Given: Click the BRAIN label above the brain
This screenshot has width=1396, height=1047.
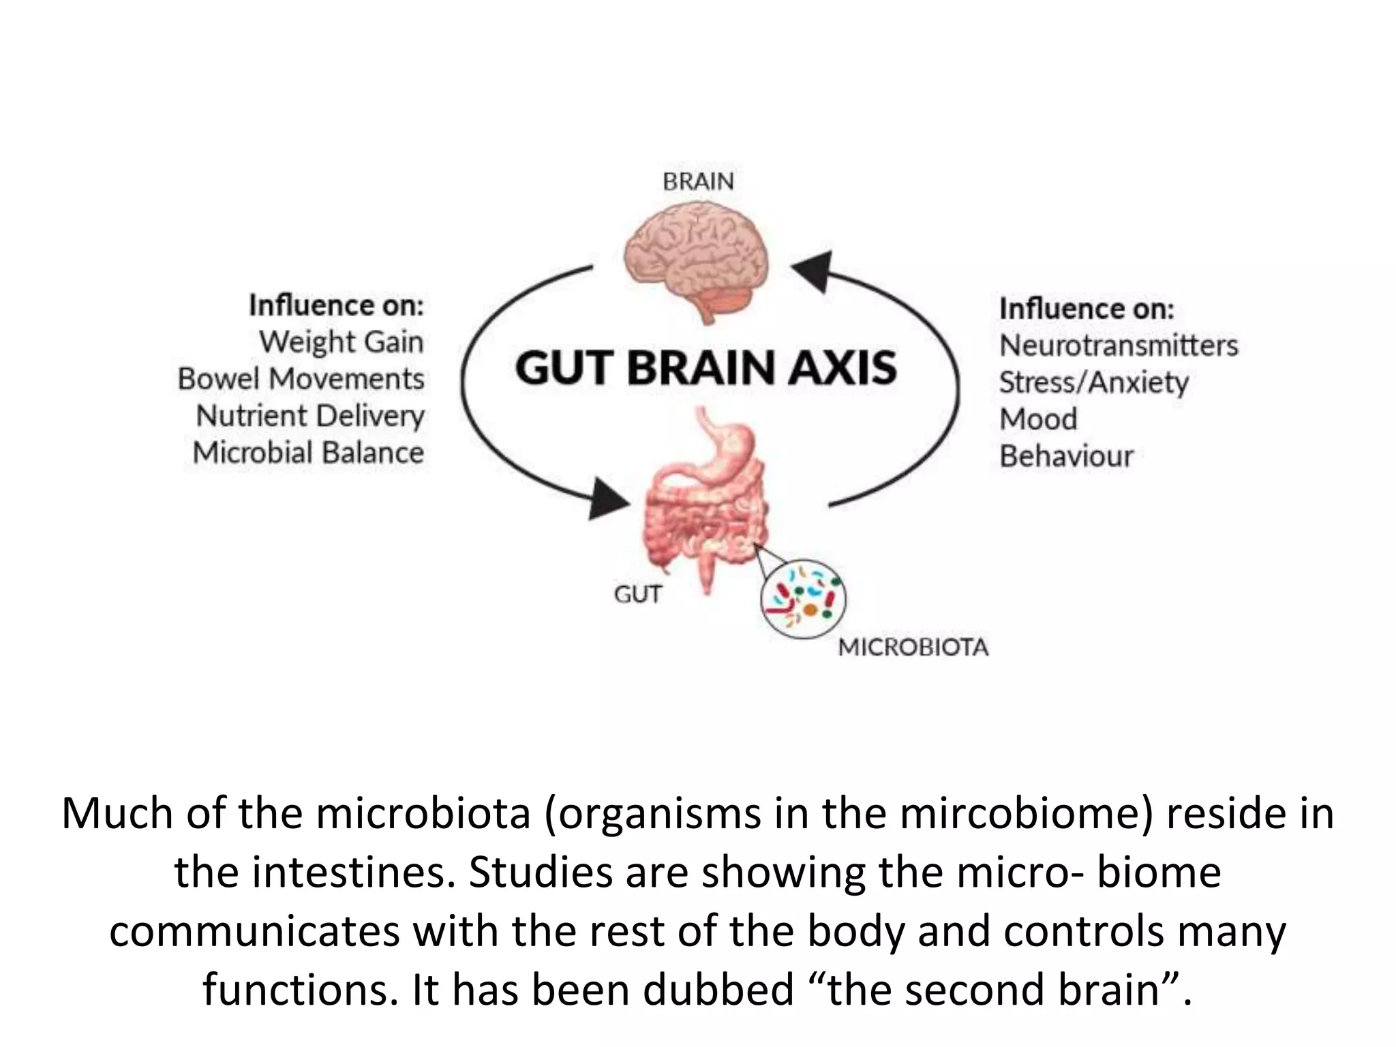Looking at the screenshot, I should [x=698, y=181].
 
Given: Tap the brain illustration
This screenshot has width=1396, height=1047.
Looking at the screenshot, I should [x=697, y=262].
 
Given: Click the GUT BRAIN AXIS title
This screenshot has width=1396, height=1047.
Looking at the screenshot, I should [x=705, y=367].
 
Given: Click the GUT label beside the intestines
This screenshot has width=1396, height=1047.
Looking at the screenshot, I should [x=637, y=594].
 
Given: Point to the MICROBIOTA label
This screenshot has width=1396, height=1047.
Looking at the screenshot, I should [x=912, y=647].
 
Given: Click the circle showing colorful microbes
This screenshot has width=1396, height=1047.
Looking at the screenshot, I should [x=803, y=598].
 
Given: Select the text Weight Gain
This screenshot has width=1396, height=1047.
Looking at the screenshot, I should [x=341, y=342].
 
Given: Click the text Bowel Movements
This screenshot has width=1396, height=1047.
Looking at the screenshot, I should [x=301, y=379].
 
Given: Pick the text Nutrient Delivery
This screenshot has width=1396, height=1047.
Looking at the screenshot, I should [x=310, y=416].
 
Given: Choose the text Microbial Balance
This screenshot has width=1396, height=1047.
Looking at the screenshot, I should [x=308, y=453].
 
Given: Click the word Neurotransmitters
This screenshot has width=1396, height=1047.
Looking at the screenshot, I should [x=1118, y=345].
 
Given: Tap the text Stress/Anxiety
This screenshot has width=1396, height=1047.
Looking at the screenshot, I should [x=1093, y=382].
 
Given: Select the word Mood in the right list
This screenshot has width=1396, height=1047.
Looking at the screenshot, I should [x=1038, y=419].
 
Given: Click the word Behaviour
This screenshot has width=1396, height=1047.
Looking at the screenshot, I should [x=1066, y=456].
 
